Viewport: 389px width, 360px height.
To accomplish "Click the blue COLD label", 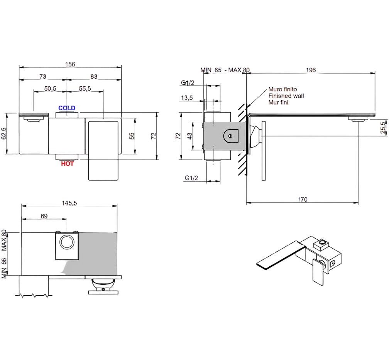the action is click(67, 108).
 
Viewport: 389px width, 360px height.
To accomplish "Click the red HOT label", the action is click(67, 163).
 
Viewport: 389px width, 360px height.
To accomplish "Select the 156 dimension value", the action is click(70, 64).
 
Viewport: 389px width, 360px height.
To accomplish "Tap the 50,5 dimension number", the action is click(50, 88).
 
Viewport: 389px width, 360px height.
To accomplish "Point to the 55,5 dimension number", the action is click(85, 88).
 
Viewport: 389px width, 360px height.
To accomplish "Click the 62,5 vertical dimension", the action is click(4, 133).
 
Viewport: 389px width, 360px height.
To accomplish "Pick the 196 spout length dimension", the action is click(311, 70).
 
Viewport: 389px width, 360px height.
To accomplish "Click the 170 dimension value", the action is click(303, 199).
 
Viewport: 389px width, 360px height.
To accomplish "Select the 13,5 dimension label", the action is click(187, 98).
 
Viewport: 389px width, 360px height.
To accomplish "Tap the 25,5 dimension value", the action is click(384, 128).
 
